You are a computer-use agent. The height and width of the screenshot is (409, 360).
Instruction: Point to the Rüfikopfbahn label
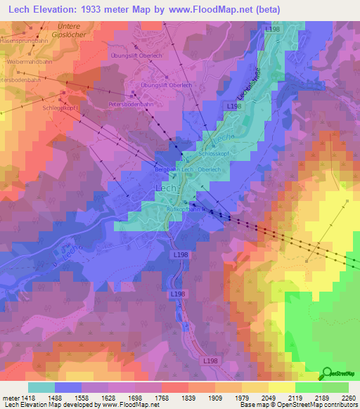tap(184, 209)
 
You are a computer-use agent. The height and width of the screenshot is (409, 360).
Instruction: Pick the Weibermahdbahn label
tap(30, 61)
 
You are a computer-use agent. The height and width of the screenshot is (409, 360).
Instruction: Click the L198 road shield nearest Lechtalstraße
tap(233, 105)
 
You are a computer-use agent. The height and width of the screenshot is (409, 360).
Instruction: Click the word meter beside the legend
tap(8, 397)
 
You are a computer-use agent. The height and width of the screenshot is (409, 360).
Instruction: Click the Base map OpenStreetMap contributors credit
tap(299, 405)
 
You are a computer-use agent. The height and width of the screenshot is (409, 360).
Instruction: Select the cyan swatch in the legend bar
tap(41, 387)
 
